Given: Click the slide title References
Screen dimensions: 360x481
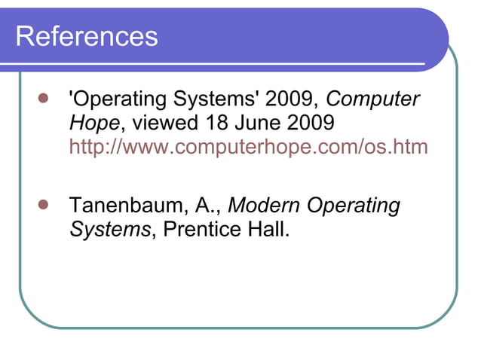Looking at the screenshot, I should pyautogui.click(x=87, y=35).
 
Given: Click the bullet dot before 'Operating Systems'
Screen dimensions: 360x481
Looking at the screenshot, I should pyautogui.click(x=43, y=99).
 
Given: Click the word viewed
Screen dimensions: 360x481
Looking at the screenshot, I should pyautogui.click(x=163, y=123).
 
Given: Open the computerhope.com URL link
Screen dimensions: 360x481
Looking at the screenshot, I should pyautogui.click(x=248, y=146).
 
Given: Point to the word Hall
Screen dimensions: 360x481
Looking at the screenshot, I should pyautogui.click(x=267, y=229).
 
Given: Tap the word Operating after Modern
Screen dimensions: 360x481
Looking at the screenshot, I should pyautogui.click(x=354, y=206).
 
